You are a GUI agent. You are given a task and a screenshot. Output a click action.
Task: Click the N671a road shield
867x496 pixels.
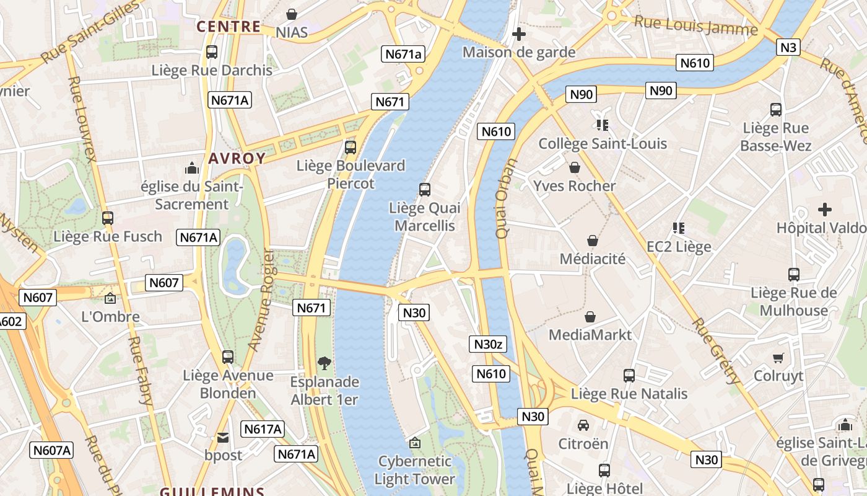[x=403, y=54]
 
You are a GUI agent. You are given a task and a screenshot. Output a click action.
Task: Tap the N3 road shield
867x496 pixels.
[x=789, y=47]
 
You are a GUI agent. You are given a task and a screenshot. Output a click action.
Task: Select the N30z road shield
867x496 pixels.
[x=487, y=345]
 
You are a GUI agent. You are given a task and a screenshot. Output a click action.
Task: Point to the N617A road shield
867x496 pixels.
[x=263, y=429]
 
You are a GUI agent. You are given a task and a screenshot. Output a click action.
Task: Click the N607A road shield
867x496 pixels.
[x=51, y=450]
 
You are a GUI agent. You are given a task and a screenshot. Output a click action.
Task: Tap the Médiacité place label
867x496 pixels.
[x=593, y=259]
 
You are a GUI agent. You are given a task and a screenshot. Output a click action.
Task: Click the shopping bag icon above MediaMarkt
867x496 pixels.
[x=590, y=317]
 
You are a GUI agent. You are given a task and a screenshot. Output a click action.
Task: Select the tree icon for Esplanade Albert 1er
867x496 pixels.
[x=324, y=363]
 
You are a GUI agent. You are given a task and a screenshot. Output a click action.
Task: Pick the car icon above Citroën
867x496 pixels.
[x=583, y=425]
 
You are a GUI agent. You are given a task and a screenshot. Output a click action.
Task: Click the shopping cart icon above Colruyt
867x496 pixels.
[x=778, y=358]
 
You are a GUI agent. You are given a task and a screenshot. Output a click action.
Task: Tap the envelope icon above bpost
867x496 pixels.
[x=223, y=438]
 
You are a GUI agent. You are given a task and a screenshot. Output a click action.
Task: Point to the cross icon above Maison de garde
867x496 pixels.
[x=519, y=34]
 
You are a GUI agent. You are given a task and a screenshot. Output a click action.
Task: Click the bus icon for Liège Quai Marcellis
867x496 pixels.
[x=425, y=190]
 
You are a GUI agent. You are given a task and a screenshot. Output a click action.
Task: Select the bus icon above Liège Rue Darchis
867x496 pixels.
[x=212, y=52]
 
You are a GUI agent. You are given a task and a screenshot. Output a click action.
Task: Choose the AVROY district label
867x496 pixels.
[x=237, y=159]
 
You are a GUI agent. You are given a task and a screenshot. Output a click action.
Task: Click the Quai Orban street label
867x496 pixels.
[x=506, y=198]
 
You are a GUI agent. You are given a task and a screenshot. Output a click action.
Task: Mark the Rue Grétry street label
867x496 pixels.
[x=716, y=351]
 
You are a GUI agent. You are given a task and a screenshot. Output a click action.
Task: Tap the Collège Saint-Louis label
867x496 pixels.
[x=603, y=144]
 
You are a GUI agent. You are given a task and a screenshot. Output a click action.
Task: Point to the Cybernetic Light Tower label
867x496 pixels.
[x=415, y=470]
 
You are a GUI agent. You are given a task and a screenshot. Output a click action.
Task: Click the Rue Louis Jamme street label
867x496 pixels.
[x=696, y=26]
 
